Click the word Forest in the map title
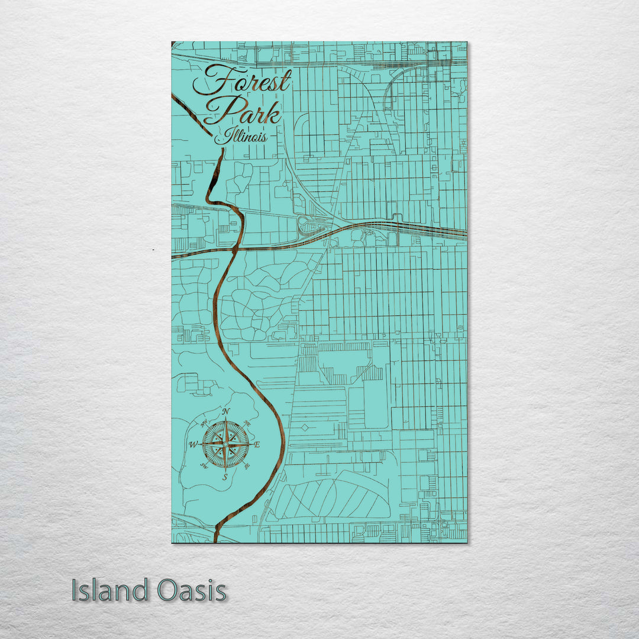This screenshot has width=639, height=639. pos(243,83)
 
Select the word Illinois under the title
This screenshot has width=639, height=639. pos(241,137)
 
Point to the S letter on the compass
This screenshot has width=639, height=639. pos(224,477)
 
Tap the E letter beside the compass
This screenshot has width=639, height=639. pos(257,444)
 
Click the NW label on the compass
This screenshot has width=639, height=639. pos(204,422)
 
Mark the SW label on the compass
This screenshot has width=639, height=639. pos(205,466)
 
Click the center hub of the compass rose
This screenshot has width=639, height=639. pos(225,444)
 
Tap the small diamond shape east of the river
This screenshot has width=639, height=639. pos(305,427)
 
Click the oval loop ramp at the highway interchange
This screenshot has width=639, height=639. pos(308,225)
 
